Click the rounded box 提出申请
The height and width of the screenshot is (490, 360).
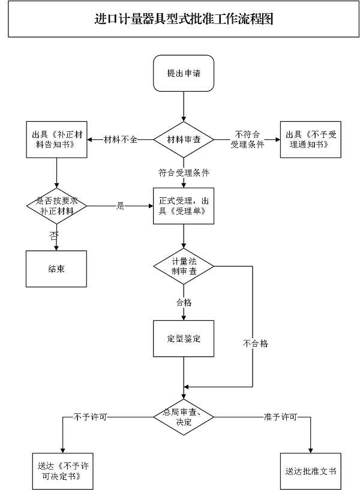pos(184,73)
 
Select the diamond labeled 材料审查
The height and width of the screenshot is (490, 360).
pos(184,140)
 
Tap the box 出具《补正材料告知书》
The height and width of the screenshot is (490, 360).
pos(56,140)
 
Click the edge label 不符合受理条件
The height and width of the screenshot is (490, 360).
pos(247,140)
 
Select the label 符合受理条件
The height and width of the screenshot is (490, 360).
pos(184,173)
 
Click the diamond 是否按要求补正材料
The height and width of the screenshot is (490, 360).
pos(56,206)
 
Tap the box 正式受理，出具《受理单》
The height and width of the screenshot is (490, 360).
pos(184,206)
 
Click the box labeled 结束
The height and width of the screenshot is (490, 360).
pos(56,268)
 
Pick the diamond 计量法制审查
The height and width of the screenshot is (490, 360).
pos(184,266)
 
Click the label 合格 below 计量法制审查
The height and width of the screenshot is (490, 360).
pos(184,303)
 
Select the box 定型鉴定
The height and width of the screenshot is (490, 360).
pos(184,339)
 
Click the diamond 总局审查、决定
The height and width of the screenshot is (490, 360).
pos(184,417)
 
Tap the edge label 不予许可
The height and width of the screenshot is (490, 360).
pos(90,416)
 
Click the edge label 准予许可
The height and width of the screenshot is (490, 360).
pos(279,416)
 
